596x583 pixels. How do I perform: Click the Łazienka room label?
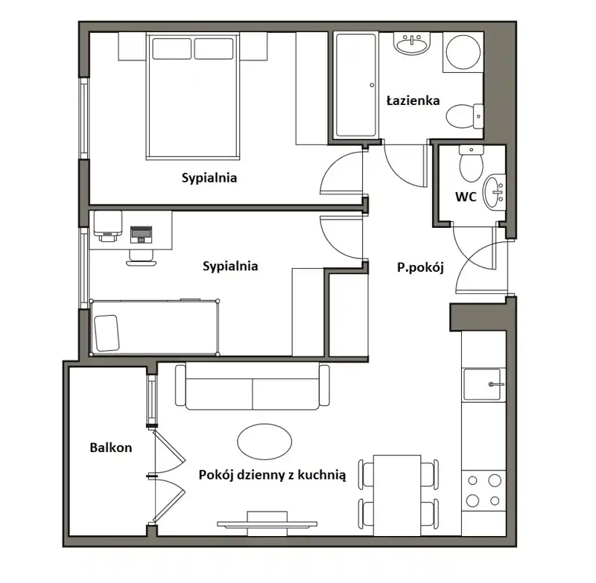413,101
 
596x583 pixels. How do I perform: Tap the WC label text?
466,197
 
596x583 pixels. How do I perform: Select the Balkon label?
110,447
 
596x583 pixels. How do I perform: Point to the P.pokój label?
420,268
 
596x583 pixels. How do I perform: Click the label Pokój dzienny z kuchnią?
272,475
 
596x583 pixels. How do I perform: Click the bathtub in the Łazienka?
356,85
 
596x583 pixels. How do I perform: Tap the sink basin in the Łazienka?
412,44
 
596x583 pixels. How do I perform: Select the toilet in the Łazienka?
464,116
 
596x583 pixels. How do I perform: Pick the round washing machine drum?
463,52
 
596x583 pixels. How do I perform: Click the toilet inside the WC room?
472,163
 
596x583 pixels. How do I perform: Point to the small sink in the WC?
495,192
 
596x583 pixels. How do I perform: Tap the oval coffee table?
264,442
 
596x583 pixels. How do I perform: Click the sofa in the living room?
253,386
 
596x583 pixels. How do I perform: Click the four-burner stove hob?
484,491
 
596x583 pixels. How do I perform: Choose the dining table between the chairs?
397,495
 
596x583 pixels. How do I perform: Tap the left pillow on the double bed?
172,48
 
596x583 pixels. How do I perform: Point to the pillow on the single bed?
107,333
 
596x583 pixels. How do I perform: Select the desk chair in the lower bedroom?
141,258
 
